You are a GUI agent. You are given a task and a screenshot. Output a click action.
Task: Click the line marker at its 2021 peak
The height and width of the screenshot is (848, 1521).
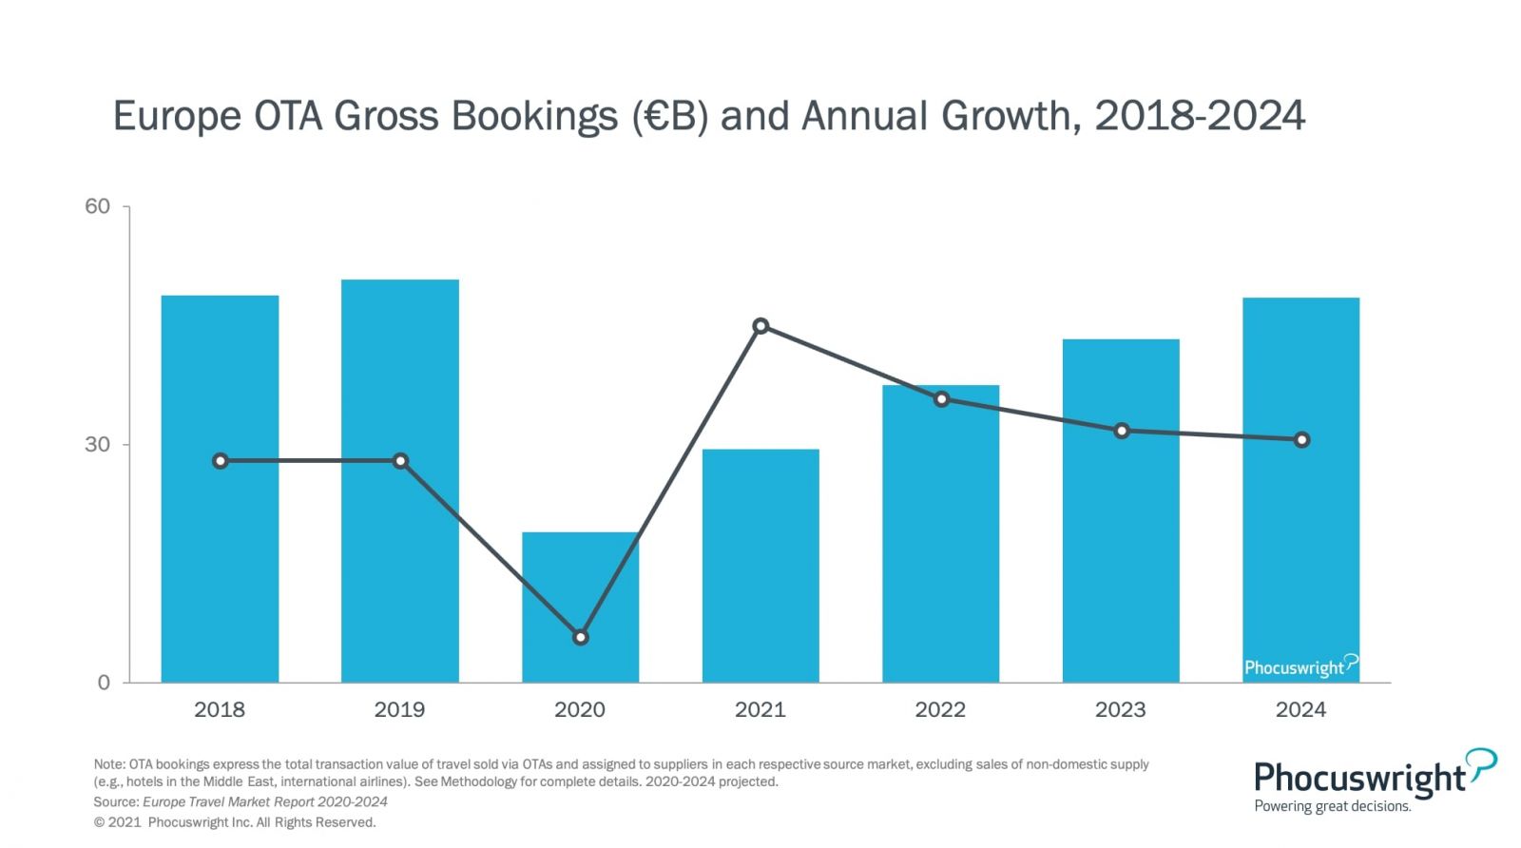760,326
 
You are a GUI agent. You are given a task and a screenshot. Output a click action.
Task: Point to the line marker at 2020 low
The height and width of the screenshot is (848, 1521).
581,637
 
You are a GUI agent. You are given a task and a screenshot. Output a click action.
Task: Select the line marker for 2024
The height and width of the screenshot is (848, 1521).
1301,439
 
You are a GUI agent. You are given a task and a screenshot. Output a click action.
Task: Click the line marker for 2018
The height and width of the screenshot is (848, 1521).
221,461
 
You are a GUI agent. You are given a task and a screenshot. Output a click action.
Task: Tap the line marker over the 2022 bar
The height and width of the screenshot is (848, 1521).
941,399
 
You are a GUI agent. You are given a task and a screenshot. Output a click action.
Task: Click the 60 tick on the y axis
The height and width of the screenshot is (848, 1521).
98,206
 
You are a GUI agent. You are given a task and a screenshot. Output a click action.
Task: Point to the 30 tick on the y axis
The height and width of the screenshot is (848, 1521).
98,444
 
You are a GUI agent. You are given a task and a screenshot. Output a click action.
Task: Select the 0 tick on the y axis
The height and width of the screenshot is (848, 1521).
104,682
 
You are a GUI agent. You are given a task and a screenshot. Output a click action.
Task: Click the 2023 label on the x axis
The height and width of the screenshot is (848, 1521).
1121,709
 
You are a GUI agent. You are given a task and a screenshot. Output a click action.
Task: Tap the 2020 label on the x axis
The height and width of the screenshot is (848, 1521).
580,709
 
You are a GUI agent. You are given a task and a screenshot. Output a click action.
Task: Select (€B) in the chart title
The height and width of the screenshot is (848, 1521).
671,116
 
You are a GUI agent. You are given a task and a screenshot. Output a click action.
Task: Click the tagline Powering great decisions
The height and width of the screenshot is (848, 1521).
1332,806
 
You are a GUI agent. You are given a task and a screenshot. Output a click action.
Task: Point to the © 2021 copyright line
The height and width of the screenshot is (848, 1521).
235,822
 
